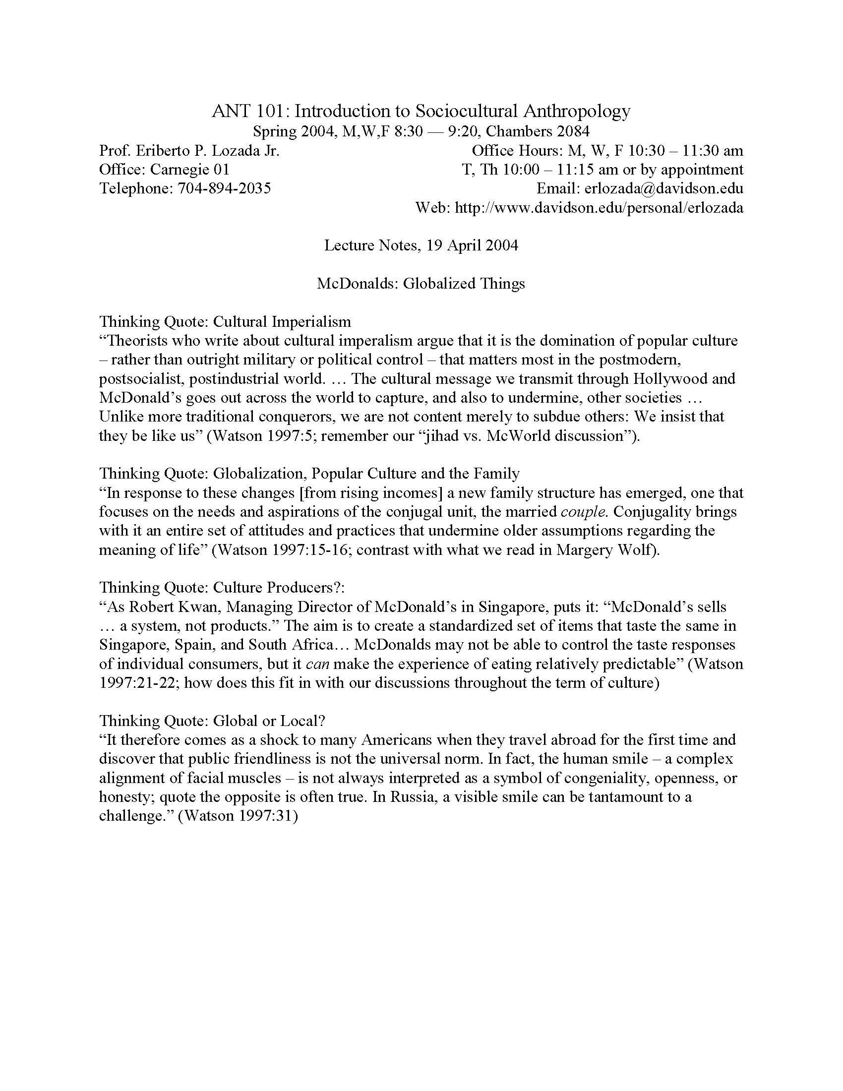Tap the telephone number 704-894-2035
224,188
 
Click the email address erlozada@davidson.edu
663,188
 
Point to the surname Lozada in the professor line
229,150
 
